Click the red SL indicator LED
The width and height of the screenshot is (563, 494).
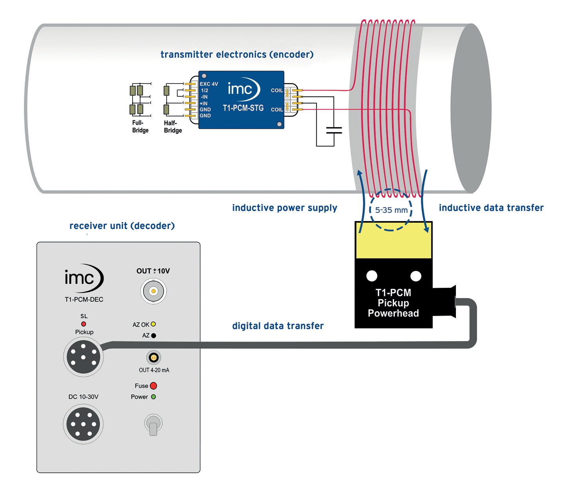coord(84,324)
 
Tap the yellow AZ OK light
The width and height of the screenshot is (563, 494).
coord(153,324)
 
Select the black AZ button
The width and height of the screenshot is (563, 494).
coord(154,336)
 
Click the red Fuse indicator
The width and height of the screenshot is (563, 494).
coord(153,386)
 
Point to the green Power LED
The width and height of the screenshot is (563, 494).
coord(153,397)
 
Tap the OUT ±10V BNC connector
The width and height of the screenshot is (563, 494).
coord(153,291)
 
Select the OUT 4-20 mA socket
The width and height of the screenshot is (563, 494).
coord(154,358)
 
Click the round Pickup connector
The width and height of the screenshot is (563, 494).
coord(84,357)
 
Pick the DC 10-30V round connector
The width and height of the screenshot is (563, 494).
coord(83,424)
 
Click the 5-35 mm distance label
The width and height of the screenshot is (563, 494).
coord(391,210)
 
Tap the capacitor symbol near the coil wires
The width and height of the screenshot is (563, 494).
coord(334,130)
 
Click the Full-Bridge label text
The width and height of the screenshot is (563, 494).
coord(140,127)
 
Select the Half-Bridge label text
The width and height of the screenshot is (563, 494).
coord(173,127)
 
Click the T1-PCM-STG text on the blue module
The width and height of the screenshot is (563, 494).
coord(243,108)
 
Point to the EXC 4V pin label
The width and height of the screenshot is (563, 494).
coord(209,84)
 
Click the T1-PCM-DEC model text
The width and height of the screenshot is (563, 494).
coord(84,300)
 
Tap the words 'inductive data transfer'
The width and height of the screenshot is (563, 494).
coord(491,208)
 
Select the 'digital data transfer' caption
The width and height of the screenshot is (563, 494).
coord(278,326)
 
